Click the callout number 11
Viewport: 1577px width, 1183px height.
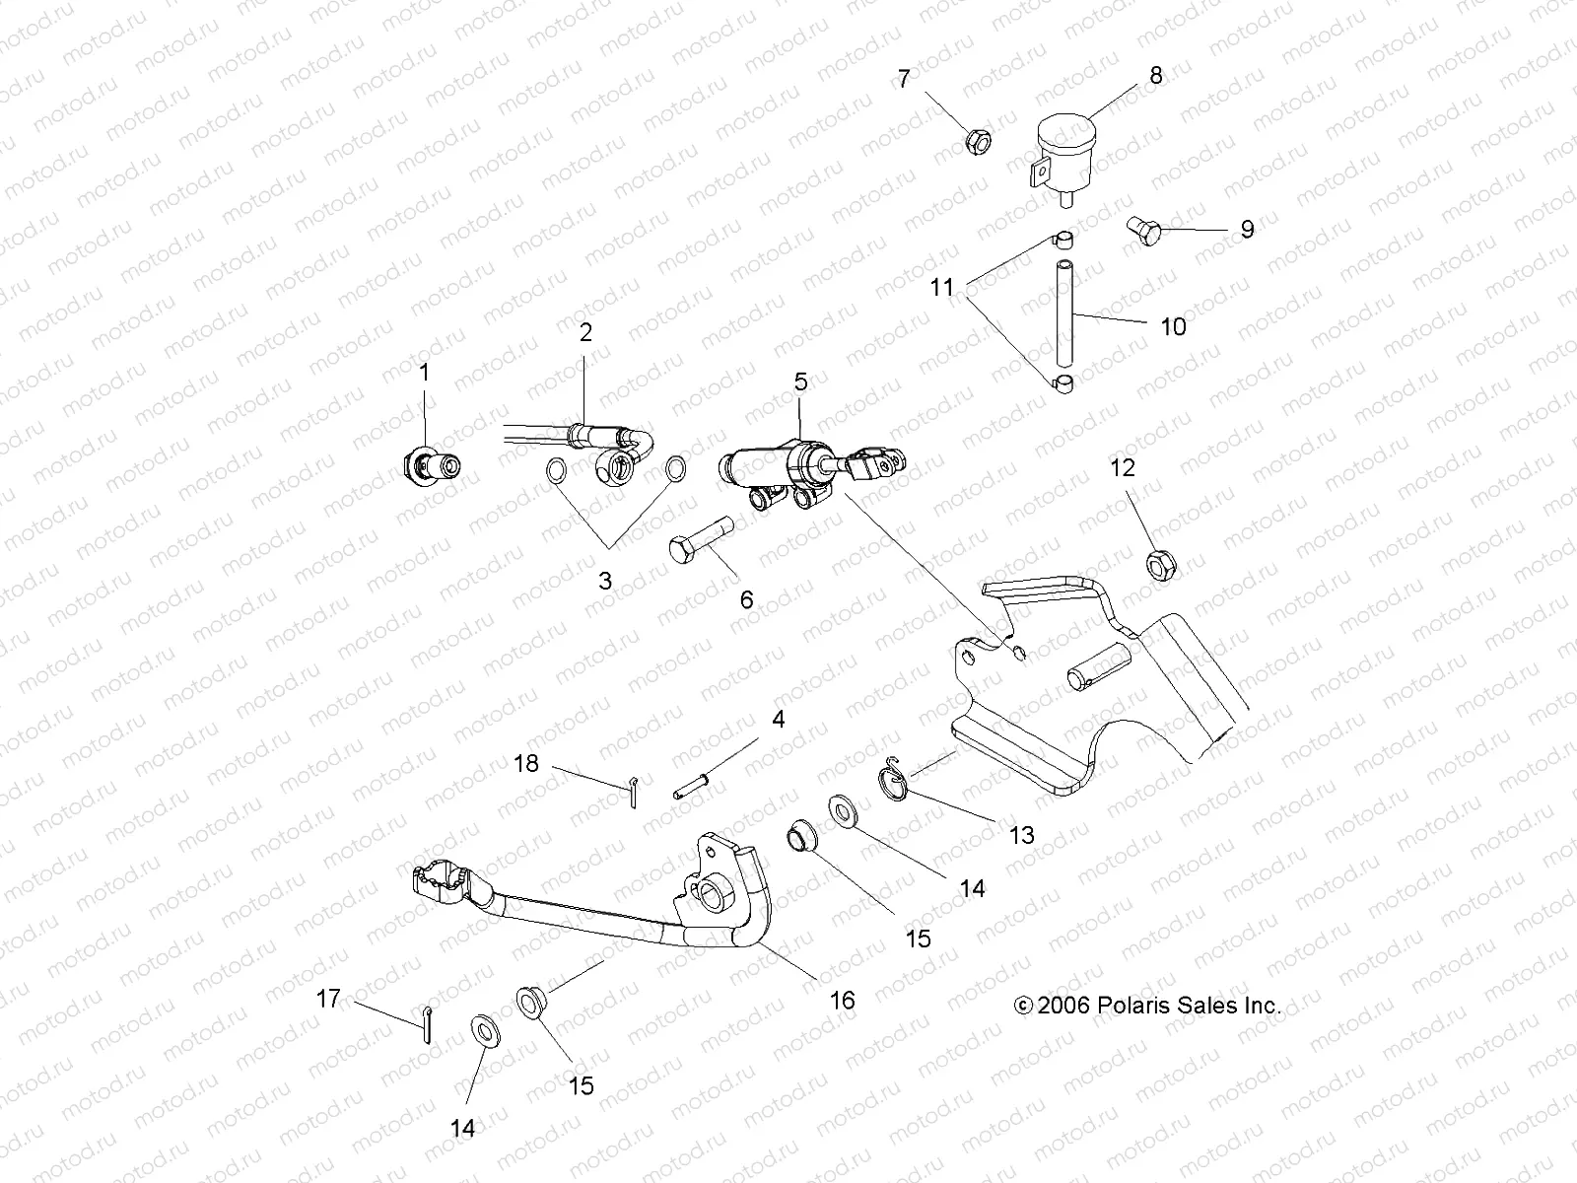click(943, 287)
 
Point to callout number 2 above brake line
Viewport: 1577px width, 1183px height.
click(585, 332)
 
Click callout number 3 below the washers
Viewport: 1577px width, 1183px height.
click(605, 581)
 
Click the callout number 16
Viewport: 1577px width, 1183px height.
click(841, 1000)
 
